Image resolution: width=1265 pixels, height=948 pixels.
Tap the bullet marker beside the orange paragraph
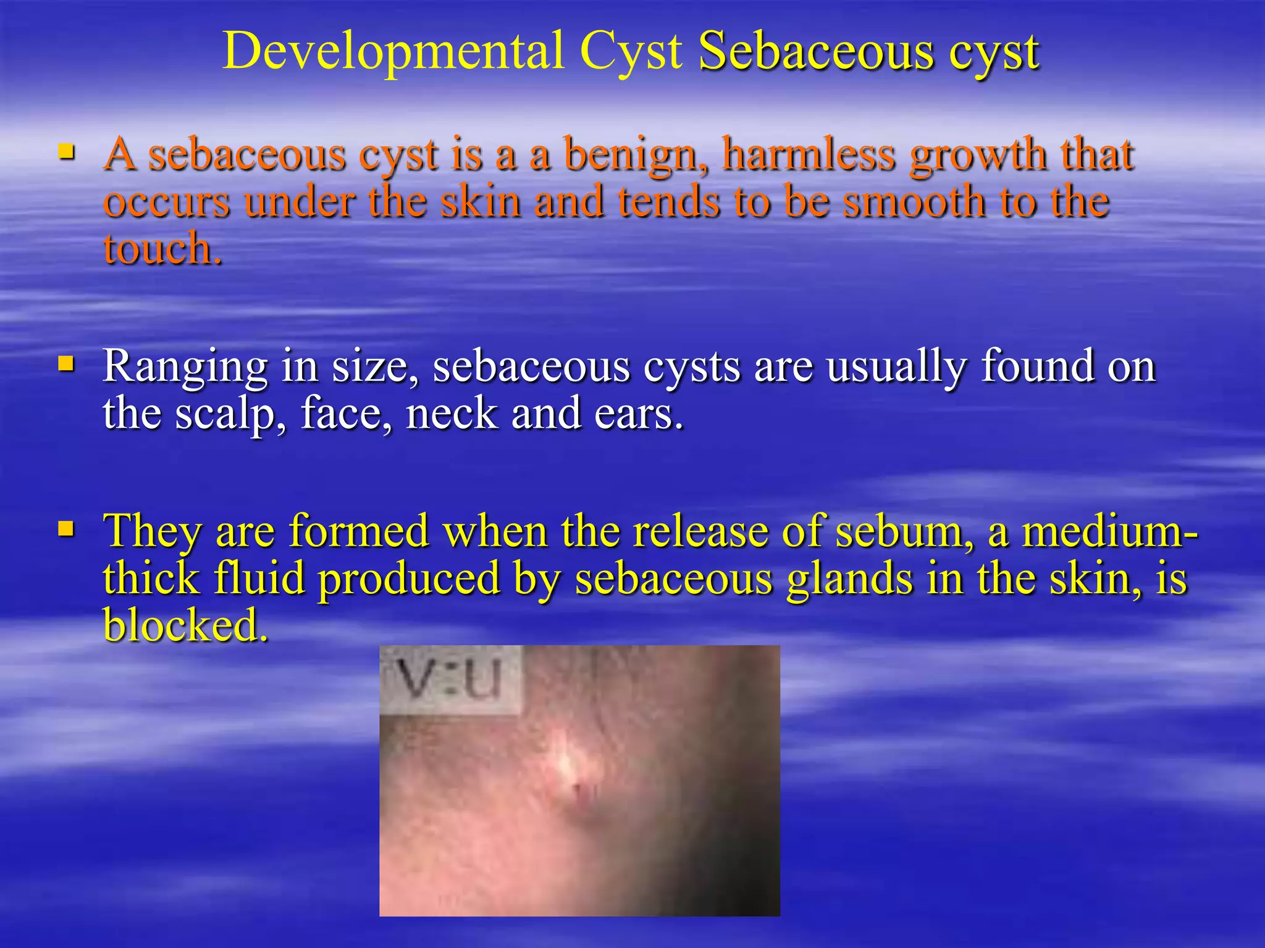pyautogui.click(x=66, y=151)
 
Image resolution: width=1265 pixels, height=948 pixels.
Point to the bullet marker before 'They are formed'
pyautogui.click(x=66, y=528)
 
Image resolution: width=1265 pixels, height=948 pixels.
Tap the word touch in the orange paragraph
pyautogui.click(x=162, y=249)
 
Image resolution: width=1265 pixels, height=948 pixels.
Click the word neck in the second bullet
pyautogui.click(x=452, y=414)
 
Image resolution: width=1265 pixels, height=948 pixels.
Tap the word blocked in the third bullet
pyautogui.click(x=185, y=624)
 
